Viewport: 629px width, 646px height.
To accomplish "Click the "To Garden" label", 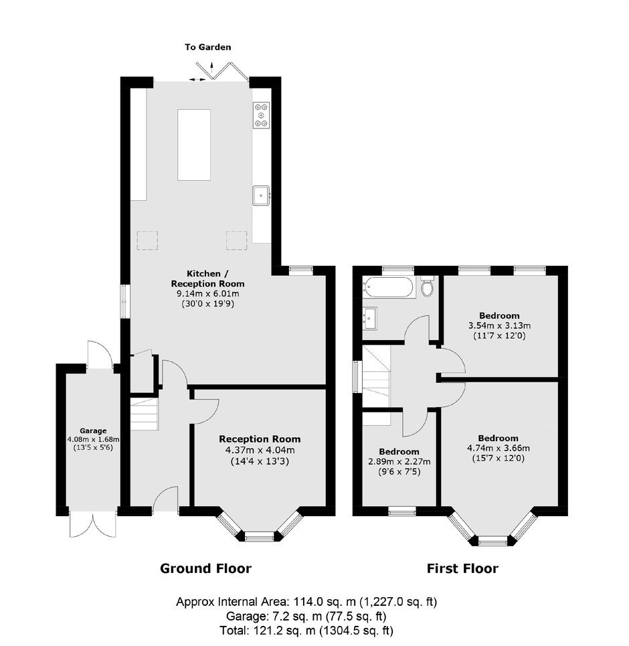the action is click(207, 47).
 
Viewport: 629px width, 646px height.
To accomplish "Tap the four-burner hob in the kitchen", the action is click(262, 115).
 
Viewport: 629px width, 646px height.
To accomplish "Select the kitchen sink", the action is click(261, 195).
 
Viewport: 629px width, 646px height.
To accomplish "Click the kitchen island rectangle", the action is click(194, 145).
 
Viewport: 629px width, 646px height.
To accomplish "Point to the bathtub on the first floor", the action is click(388, 287).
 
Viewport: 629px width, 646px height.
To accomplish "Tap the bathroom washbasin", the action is click(369, 318).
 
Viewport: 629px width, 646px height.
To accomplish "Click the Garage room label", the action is click(93, 431).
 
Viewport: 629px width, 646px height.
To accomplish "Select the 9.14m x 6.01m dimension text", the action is click(208, 294).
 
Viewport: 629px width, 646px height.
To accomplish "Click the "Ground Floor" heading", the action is click(205, 568).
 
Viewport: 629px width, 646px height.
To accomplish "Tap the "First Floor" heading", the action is click(462, 568).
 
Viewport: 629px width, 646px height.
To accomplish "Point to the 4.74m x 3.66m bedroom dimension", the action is click(499, 449).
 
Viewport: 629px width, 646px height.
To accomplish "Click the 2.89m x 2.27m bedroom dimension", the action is click(399, 461).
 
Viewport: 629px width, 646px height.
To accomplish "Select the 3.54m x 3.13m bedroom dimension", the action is click(499, 325).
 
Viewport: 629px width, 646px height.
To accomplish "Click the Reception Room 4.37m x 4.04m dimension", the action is click(260, 451).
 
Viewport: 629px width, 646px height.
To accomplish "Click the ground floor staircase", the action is click(145, 414).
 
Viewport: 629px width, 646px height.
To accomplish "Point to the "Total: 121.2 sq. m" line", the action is click(306, 631).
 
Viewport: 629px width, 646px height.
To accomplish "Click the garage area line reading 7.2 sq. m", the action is click(306, 617).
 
